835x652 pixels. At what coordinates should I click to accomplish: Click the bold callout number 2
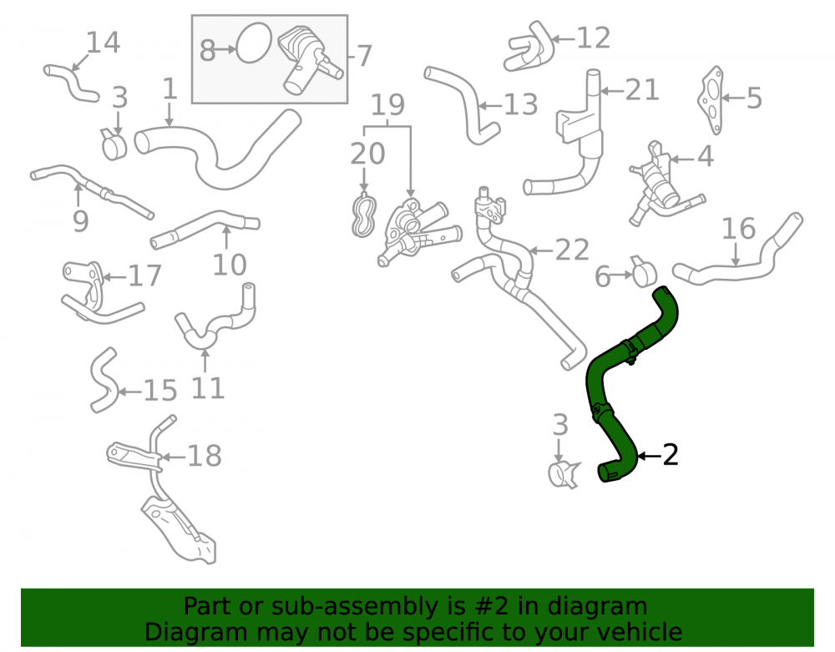click(x=670, y=456)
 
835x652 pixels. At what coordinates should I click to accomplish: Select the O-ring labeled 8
click(x=254, y=43)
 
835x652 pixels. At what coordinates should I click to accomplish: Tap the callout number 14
click(x=104, y=43)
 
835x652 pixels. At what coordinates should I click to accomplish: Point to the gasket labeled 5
click(x=711, y=99)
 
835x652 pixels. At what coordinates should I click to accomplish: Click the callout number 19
click(x=387, y=105)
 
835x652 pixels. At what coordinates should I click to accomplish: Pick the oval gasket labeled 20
click(x=364, y=215)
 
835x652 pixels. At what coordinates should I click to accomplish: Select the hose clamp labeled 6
click(x=645, y=271)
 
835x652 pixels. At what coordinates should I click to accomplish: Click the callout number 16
click(x=739, y=229)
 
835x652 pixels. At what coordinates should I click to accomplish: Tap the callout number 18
click(x=205, y=456)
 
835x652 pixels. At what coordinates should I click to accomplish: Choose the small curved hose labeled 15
click(x=104, y=380)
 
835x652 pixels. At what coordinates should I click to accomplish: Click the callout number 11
click(x=208, y=388)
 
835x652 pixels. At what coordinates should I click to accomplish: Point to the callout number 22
click(x=573, y=250)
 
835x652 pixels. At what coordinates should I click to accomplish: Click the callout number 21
click(x=642, y=90)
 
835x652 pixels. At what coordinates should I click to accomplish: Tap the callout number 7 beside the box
click(x=364, y=56)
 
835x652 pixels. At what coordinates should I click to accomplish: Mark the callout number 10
click(x=230, y=265)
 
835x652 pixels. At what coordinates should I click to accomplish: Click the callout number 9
click(x=80, y=221)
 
